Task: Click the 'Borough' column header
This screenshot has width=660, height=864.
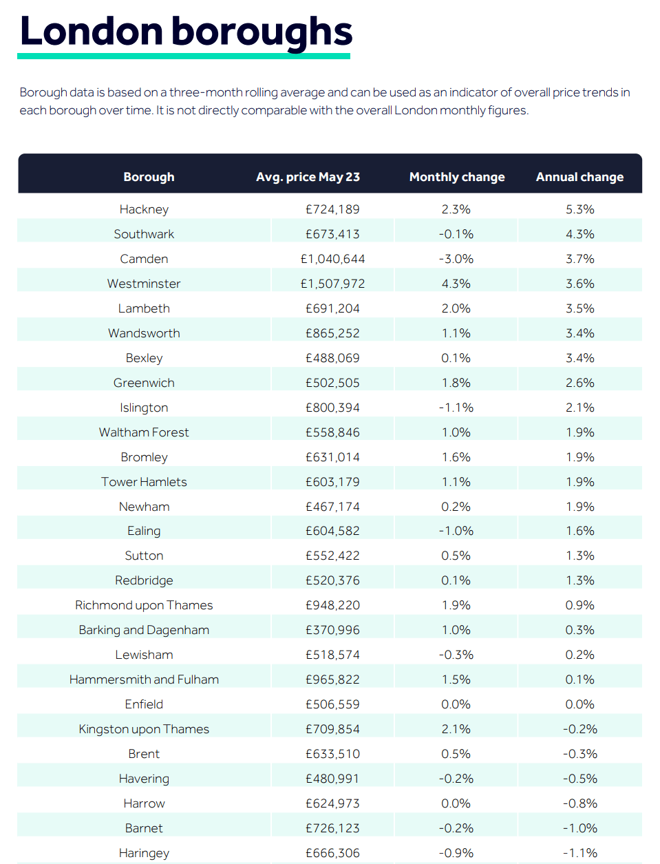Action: [149, 177]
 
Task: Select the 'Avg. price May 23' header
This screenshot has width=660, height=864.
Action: [308, 177]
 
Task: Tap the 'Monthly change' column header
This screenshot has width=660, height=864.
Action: [457, 177]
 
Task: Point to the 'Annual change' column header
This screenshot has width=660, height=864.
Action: [579, 177]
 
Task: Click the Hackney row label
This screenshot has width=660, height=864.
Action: [144, 209]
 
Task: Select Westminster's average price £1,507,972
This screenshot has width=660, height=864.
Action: [332, 284]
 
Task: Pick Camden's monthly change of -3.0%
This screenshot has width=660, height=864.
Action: [456, 259]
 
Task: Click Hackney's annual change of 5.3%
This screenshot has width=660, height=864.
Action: [579, 209]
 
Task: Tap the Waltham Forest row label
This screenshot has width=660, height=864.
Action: [144, 432]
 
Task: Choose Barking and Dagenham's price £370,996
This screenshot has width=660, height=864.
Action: [332, 630]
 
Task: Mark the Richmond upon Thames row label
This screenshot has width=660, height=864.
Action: [144, 605]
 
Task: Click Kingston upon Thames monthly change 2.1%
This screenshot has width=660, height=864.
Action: [456, 729]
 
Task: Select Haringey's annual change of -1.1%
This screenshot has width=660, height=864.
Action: [579, 853]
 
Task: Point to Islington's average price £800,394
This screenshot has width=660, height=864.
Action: [332, 408]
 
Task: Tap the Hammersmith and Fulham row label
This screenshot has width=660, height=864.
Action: [144, 679]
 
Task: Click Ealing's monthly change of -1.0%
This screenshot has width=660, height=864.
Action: [456, 531]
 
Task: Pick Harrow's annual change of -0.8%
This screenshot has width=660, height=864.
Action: [579, 803]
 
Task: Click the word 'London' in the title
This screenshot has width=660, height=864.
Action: [92, 32]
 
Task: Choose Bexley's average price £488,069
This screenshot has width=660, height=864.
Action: [332, 358]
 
